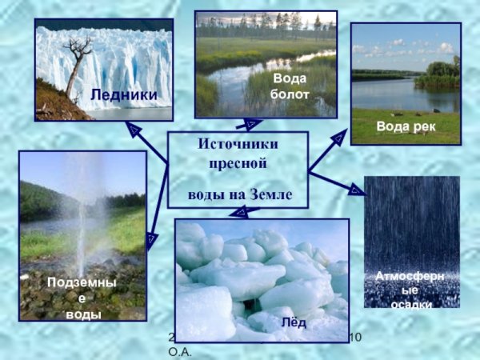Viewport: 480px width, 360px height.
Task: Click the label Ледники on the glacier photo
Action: [x=124, y=96]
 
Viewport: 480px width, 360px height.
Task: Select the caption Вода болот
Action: [x=290, y=86]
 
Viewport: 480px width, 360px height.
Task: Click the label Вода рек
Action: [x=405, y=126]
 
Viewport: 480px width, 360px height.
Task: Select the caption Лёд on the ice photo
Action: [x=294, y=322]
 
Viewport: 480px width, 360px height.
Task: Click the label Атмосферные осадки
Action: [x=411, y=290]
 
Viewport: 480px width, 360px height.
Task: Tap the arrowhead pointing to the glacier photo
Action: [x=134, y=127]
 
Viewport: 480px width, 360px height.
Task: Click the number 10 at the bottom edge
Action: [x=357, y=338]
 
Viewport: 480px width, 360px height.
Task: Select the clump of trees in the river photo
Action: [x=438, y=76]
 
